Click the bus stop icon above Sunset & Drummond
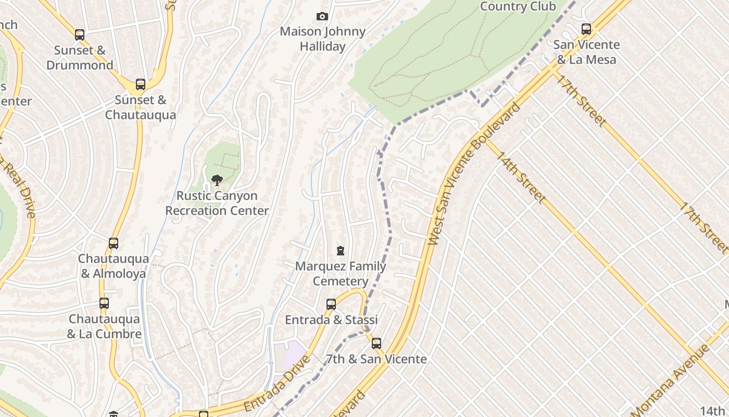coord(80,35)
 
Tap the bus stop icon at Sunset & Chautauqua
coord(140,84)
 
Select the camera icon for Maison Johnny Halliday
coord(322,17)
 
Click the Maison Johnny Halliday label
coord(322,39)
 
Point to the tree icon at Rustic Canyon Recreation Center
coord(217,180)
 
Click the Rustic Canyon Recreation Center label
coord(217,203)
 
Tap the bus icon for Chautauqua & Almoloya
coord(113,243)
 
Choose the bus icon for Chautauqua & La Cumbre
coord(104,303)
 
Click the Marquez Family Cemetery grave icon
coord(341,251)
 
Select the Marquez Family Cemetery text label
coord(341,274)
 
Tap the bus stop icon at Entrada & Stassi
coord(331,304)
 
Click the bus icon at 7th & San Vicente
coord(376,344)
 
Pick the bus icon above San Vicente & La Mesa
coord(586,29)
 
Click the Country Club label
coord(518,6)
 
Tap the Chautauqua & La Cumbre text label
coord(104,326)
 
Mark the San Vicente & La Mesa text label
coord(586,52)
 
